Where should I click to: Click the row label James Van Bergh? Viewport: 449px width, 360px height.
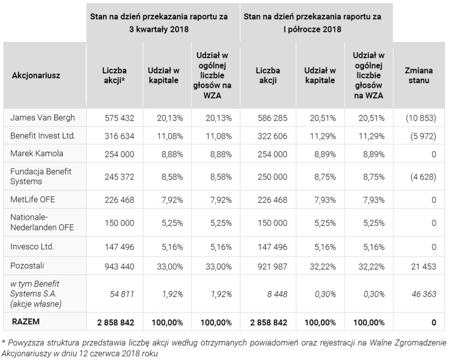42,118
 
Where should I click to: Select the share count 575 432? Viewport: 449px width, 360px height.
119,118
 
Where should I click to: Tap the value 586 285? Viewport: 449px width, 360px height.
272,118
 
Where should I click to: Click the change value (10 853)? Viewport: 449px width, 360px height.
421,118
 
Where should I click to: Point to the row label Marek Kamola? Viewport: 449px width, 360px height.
37,154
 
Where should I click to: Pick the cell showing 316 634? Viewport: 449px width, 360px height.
119,136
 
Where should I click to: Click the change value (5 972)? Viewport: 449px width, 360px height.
423,136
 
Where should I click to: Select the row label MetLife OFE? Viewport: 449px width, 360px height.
33,200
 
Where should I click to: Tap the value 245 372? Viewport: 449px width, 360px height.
119,177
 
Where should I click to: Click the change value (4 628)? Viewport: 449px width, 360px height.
423,177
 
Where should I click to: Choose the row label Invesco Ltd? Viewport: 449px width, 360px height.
32,247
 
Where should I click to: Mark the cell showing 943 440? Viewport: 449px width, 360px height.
119,266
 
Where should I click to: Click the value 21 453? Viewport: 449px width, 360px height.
423,266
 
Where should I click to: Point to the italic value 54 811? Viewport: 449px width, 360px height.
122,294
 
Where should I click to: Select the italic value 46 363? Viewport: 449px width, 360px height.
424,294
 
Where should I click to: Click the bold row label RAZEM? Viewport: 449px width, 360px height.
26,322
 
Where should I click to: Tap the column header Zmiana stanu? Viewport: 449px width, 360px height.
419,75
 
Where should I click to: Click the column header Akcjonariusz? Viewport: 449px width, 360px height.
36,76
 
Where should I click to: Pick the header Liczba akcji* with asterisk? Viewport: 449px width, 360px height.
114,75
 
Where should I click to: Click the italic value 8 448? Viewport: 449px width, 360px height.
277,294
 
